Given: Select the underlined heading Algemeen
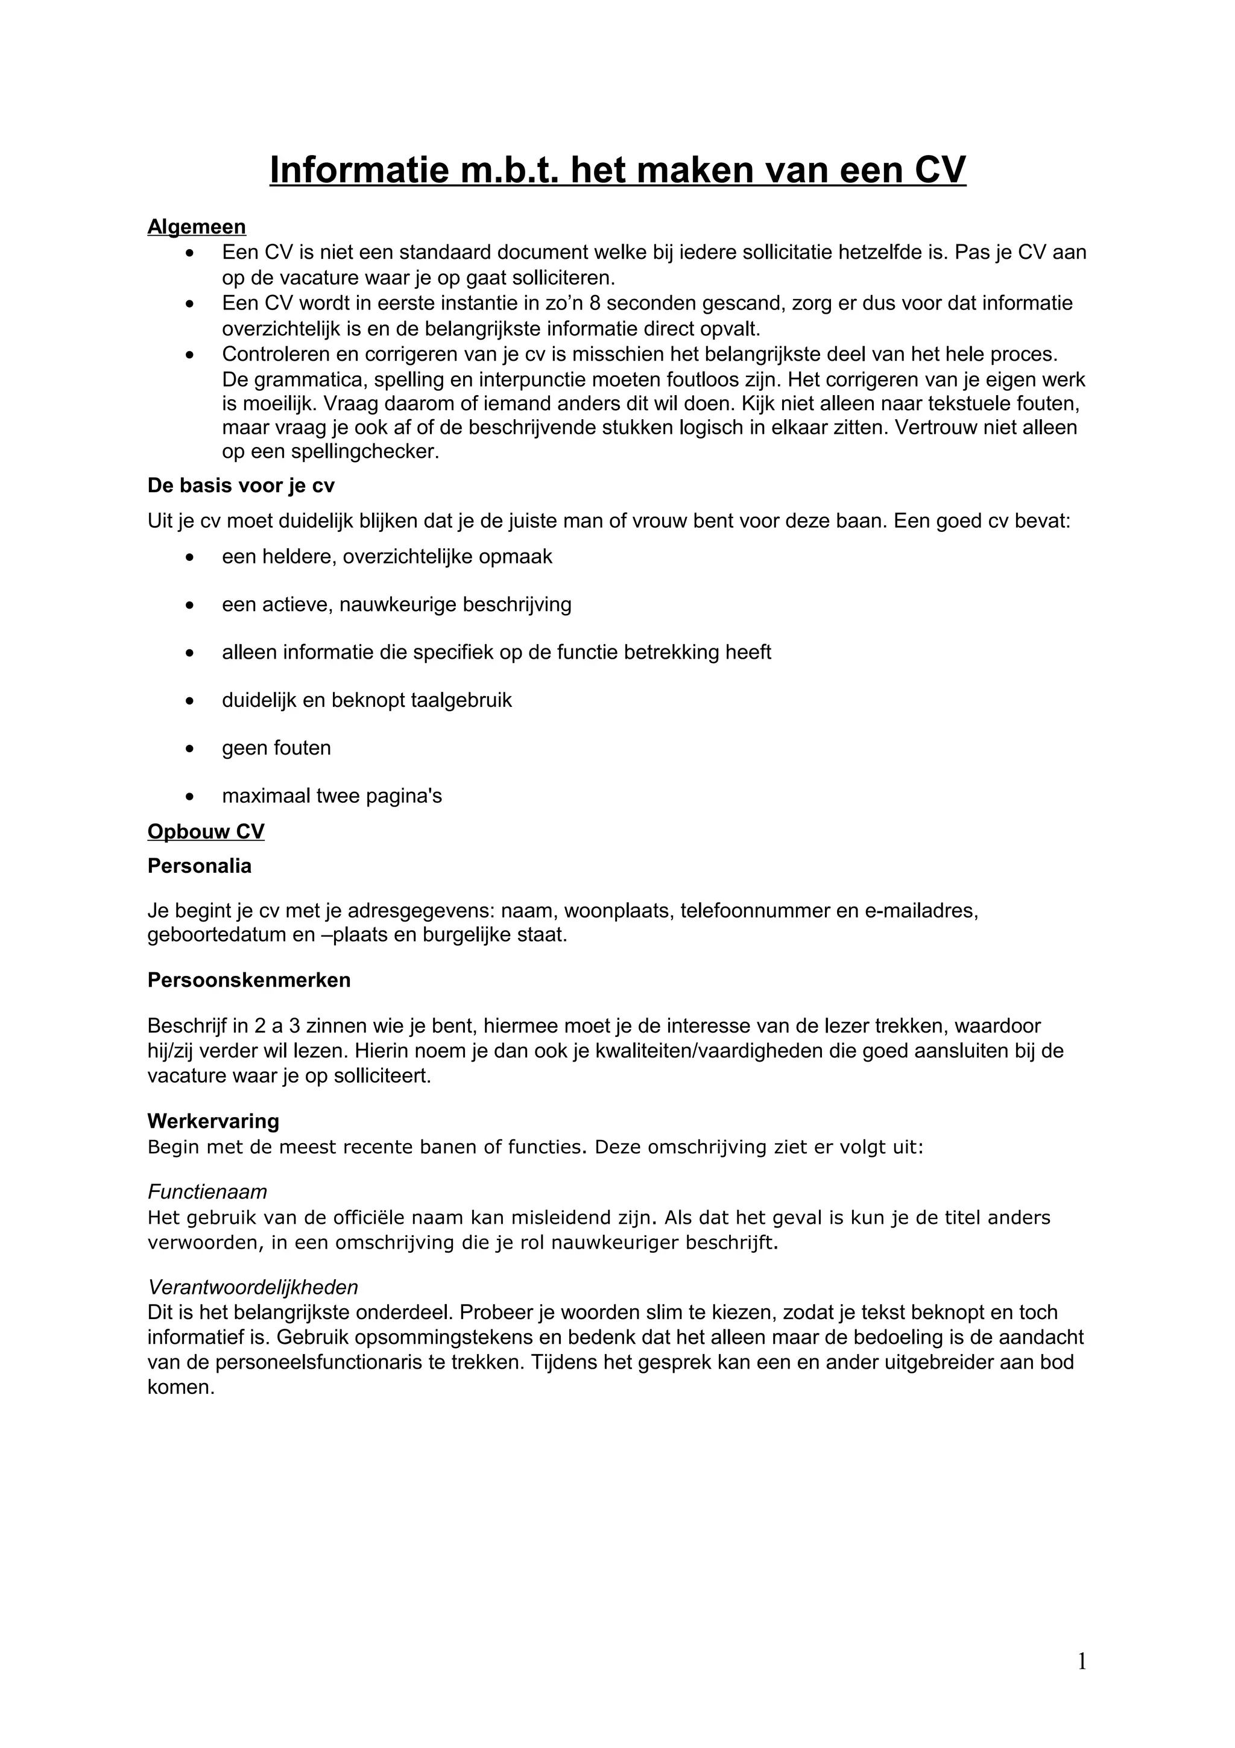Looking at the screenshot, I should [197, 227].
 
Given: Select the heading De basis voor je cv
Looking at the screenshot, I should [241, 486].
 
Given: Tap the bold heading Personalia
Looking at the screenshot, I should [200, 866].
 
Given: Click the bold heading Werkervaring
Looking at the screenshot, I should [213, 1121].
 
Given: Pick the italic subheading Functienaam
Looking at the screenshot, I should [207, 1191].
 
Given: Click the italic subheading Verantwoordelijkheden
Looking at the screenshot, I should [253, 1287].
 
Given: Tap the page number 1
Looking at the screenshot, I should [1081, 1661].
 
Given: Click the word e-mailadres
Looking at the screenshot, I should [920, 911].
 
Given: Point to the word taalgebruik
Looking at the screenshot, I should [460, 700].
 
